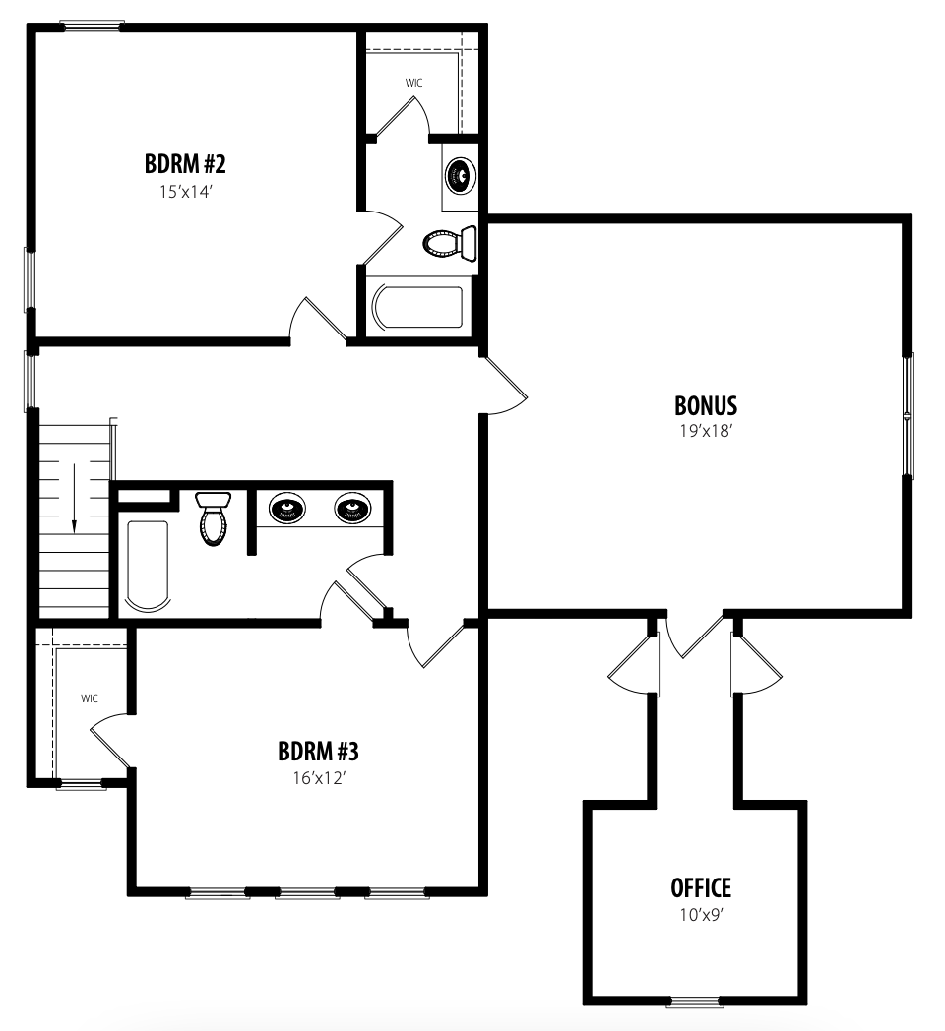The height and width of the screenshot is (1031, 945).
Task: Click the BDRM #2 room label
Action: pos(185,163)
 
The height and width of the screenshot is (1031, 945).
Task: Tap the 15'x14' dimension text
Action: pos(185,192)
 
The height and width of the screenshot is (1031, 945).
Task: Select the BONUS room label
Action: pos(706,405)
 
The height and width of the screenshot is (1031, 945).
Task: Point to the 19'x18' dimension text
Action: pos(706,431)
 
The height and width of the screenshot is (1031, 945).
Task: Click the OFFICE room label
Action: pos(701,888)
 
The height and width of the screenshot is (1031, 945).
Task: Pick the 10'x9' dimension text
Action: pos(702,915)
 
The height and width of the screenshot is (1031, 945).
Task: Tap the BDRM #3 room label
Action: pos(319,751)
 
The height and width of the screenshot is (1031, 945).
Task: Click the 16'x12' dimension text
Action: pos(319,778)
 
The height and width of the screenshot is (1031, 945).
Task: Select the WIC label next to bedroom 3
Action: pos(90,698)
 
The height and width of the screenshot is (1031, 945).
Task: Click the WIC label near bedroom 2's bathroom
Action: pos(414,83)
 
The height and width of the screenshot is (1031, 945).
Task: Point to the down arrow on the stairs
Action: pos(75,498)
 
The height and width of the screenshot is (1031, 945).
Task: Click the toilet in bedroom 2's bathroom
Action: pos(450,243)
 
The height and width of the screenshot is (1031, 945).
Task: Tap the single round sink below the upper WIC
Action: pos(461,175)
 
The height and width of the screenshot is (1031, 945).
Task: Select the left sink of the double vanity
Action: pos(286,508)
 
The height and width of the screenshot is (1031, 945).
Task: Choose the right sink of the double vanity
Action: pos(352,508)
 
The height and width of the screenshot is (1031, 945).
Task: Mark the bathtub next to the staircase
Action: pos(148,566)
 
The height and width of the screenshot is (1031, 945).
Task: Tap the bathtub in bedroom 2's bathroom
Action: pos(417,307)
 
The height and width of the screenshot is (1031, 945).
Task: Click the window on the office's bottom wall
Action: pos(695,1002)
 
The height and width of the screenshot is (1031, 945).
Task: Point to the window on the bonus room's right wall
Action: pos(909,415)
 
